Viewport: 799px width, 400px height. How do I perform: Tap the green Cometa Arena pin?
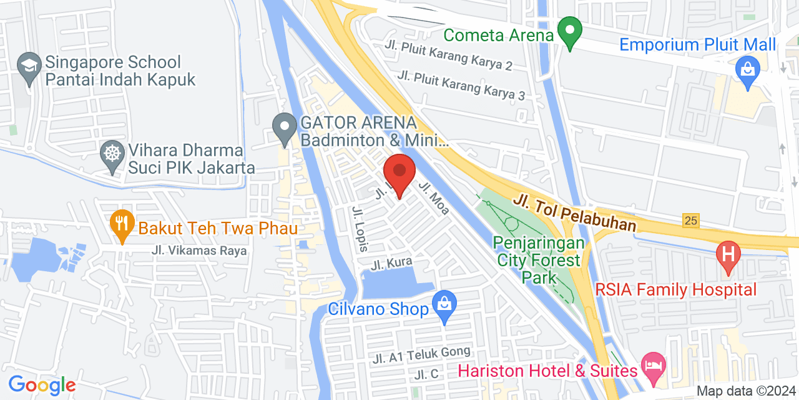click(569, 32)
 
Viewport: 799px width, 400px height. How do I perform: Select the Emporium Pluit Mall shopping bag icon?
click(747, 70)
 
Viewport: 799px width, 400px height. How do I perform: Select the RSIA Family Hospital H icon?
click(727, 256)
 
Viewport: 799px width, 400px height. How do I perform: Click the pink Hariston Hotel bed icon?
click(653, 366)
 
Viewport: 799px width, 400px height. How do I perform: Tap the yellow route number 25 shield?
click(690, 221)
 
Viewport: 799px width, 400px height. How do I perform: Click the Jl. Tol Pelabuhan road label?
click(575, 212)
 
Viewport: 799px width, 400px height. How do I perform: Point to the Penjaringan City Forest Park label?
click(540, 259)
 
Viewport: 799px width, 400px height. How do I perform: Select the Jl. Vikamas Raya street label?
click(199, 251)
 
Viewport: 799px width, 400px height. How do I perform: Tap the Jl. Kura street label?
click(391, 264)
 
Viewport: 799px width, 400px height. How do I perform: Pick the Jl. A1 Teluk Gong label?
click(421, 355)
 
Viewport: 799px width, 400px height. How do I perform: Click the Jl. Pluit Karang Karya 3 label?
click(461, 86)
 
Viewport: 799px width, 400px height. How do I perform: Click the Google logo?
click(42, 385)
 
